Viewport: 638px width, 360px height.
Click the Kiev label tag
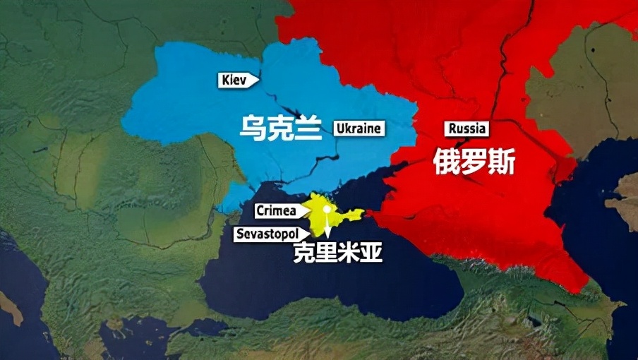coord(237,80)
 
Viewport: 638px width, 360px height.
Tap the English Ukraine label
coord(359,128)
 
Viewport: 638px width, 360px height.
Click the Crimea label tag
coord(278,210)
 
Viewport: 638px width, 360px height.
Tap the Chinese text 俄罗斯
coord(474,164)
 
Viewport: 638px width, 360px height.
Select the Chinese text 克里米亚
coord(338,253)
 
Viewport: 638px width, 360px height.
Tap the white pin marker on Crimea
coord(327,210)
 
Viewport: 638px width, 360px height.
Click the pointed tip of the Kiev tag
coord(258,80)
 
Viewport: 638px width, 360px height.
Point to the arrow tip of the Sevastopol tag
coord(311,233)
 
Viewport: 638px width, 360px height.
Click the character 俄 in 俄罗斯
coord(445,164)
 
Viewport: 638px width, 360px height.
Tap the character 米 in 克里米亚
coord(349,253)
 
